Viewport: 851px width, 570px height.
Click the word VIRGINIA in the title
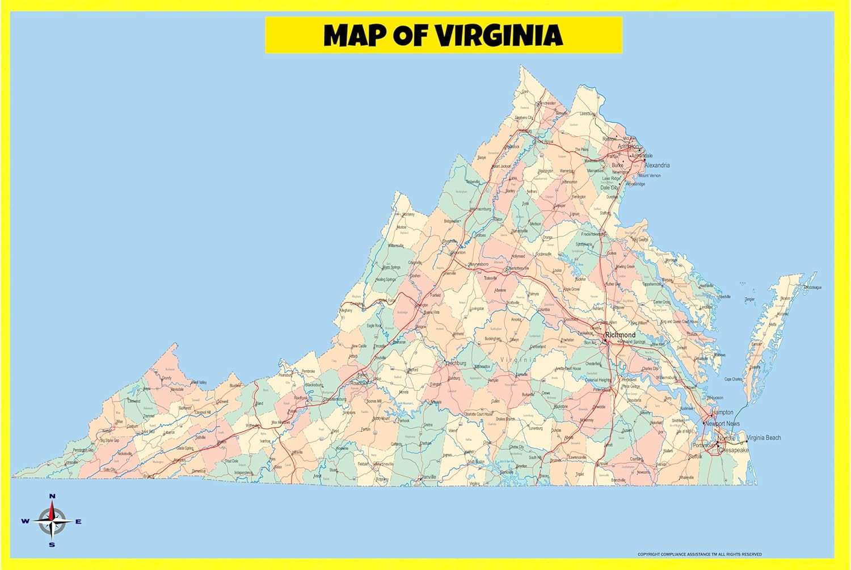499,35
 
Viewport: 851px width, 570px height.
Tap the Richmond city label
621,335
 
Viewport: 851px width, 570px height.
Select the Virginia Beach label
764,437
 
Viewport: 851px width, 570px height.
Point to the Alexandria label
657,165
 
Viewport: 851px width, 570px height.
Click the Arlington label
627,146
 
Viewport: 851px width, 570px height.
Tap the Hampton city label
722,412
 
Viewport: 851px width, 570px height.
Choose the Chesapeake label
734,450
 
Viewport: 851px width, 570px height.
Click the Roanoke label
359,383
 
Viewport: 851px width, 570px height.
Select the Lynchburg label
456,363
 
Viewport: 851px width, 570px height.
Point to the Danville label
428,477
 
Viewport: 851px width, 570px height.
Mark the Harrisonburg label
481,209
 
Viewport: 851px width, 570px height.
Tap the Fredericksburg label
594,234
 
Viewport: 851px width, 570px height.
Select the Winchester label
547,104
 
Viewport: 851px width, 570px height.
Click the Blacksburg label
314,385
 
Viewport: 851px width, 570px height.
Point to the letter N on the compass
52,496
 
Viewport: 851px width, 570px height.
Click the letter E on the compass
78,521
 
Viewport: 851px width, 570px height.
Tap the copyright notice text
700,554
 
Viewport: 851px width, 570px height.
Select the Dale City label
610,187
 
